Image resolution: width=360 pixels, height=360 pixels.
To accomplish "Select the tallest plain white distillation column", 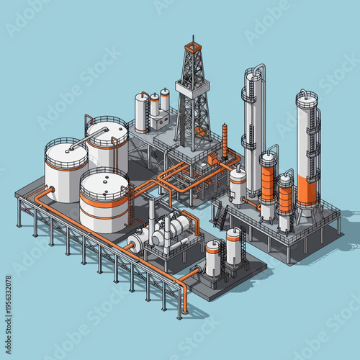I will pos(253,130).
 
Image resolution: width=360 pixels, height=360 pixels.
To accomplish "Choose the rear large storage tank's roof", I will pos(106,130).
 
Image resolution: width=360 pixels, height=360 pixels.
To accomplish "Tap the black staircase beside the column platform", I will pos(221,215).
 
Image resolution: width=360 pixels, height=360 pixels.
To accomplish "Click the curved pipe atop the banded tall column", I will pos(308,94).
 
